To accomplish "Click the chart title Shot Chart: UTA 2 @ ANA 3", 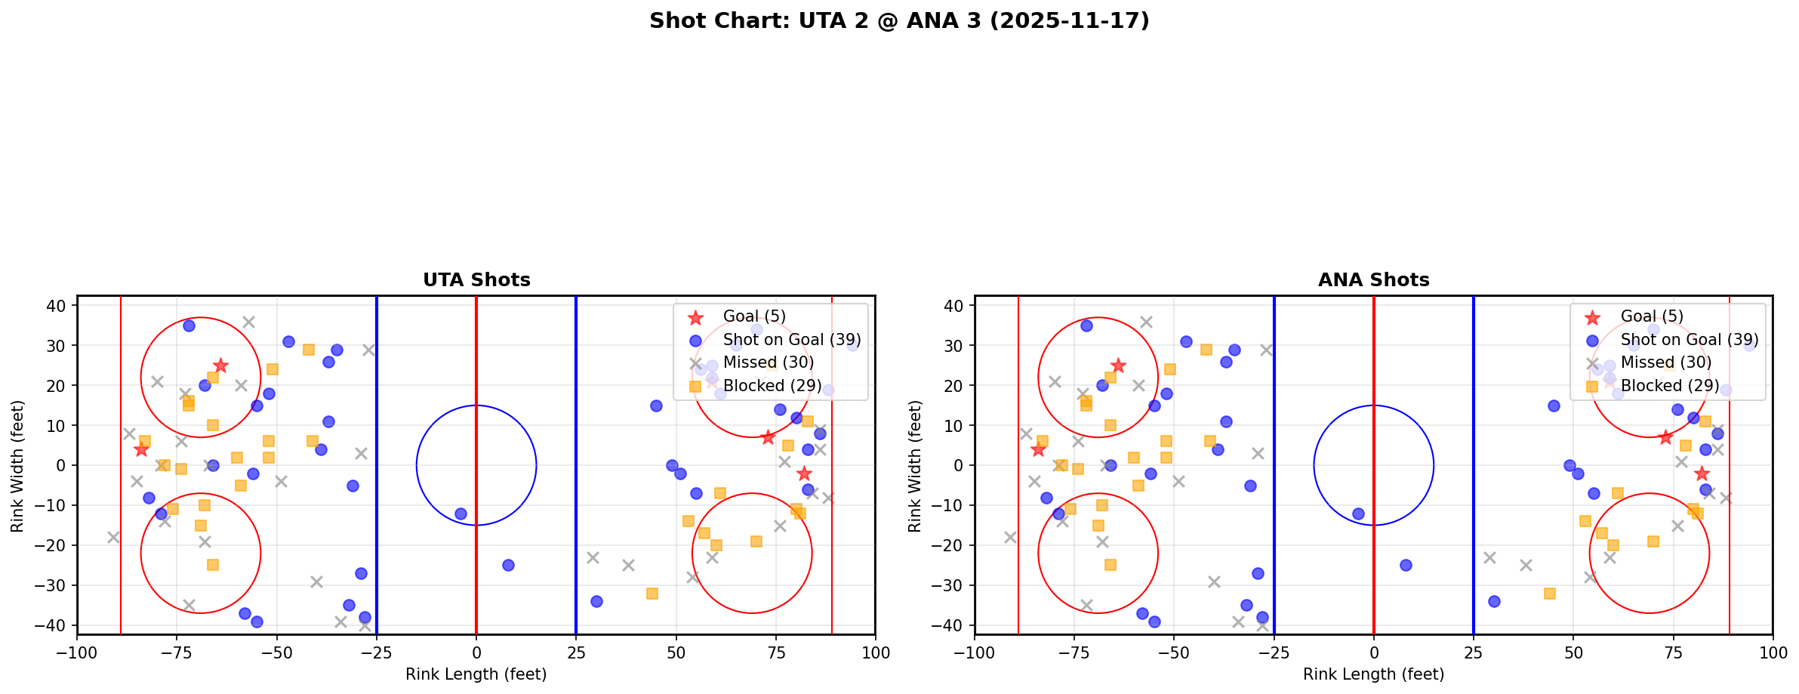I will coord(898,20).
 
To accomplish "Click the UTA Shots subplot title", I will coord(476,280).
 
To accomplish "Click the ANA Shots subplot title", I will coord(1373,280).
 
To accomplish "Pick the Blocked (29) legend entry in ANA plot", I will coord(1670,386).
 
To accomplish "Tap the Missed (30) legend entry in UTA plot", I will coord(768,362).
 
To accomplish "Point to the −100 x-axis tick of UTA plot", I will coord(78,652).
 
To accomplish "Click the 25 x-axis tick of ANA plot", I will coord(1474,652).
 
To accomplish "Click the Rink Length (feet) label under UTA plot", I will coord(476,674).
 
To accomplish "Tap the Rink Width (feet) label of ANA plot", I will coord(915,466).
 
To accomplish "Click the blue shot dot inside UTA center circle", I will coord(461,514).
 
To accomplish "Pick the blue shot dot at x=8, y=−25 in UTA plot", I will coord(508,565).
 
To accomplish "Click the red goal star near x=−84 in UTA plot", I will coord(141,449).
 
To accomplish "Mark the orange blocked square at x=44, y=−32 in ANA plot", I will coord(1550,594).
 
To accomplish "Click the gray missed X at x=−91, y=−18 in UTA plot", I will coord(113,537).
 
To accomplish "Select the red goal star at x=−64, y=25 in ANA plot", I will coord(1118,366).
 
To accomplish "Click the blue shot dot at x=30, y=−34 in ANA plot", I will coord(1494,601).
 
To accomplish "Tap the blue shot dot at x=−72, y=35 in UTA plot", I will coord(189,325).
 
